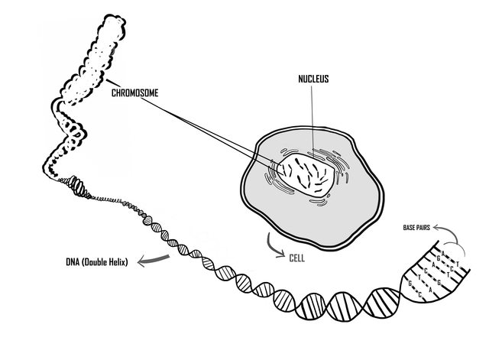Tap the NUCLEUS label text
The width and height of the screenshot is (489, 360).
point(314,79)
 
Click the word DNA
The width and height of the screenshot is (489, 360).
point(74,265)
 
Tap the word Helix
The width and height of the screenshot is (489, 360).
point(121,265)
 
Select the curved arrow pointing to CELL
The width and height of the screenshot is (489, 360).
point(272,247)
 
